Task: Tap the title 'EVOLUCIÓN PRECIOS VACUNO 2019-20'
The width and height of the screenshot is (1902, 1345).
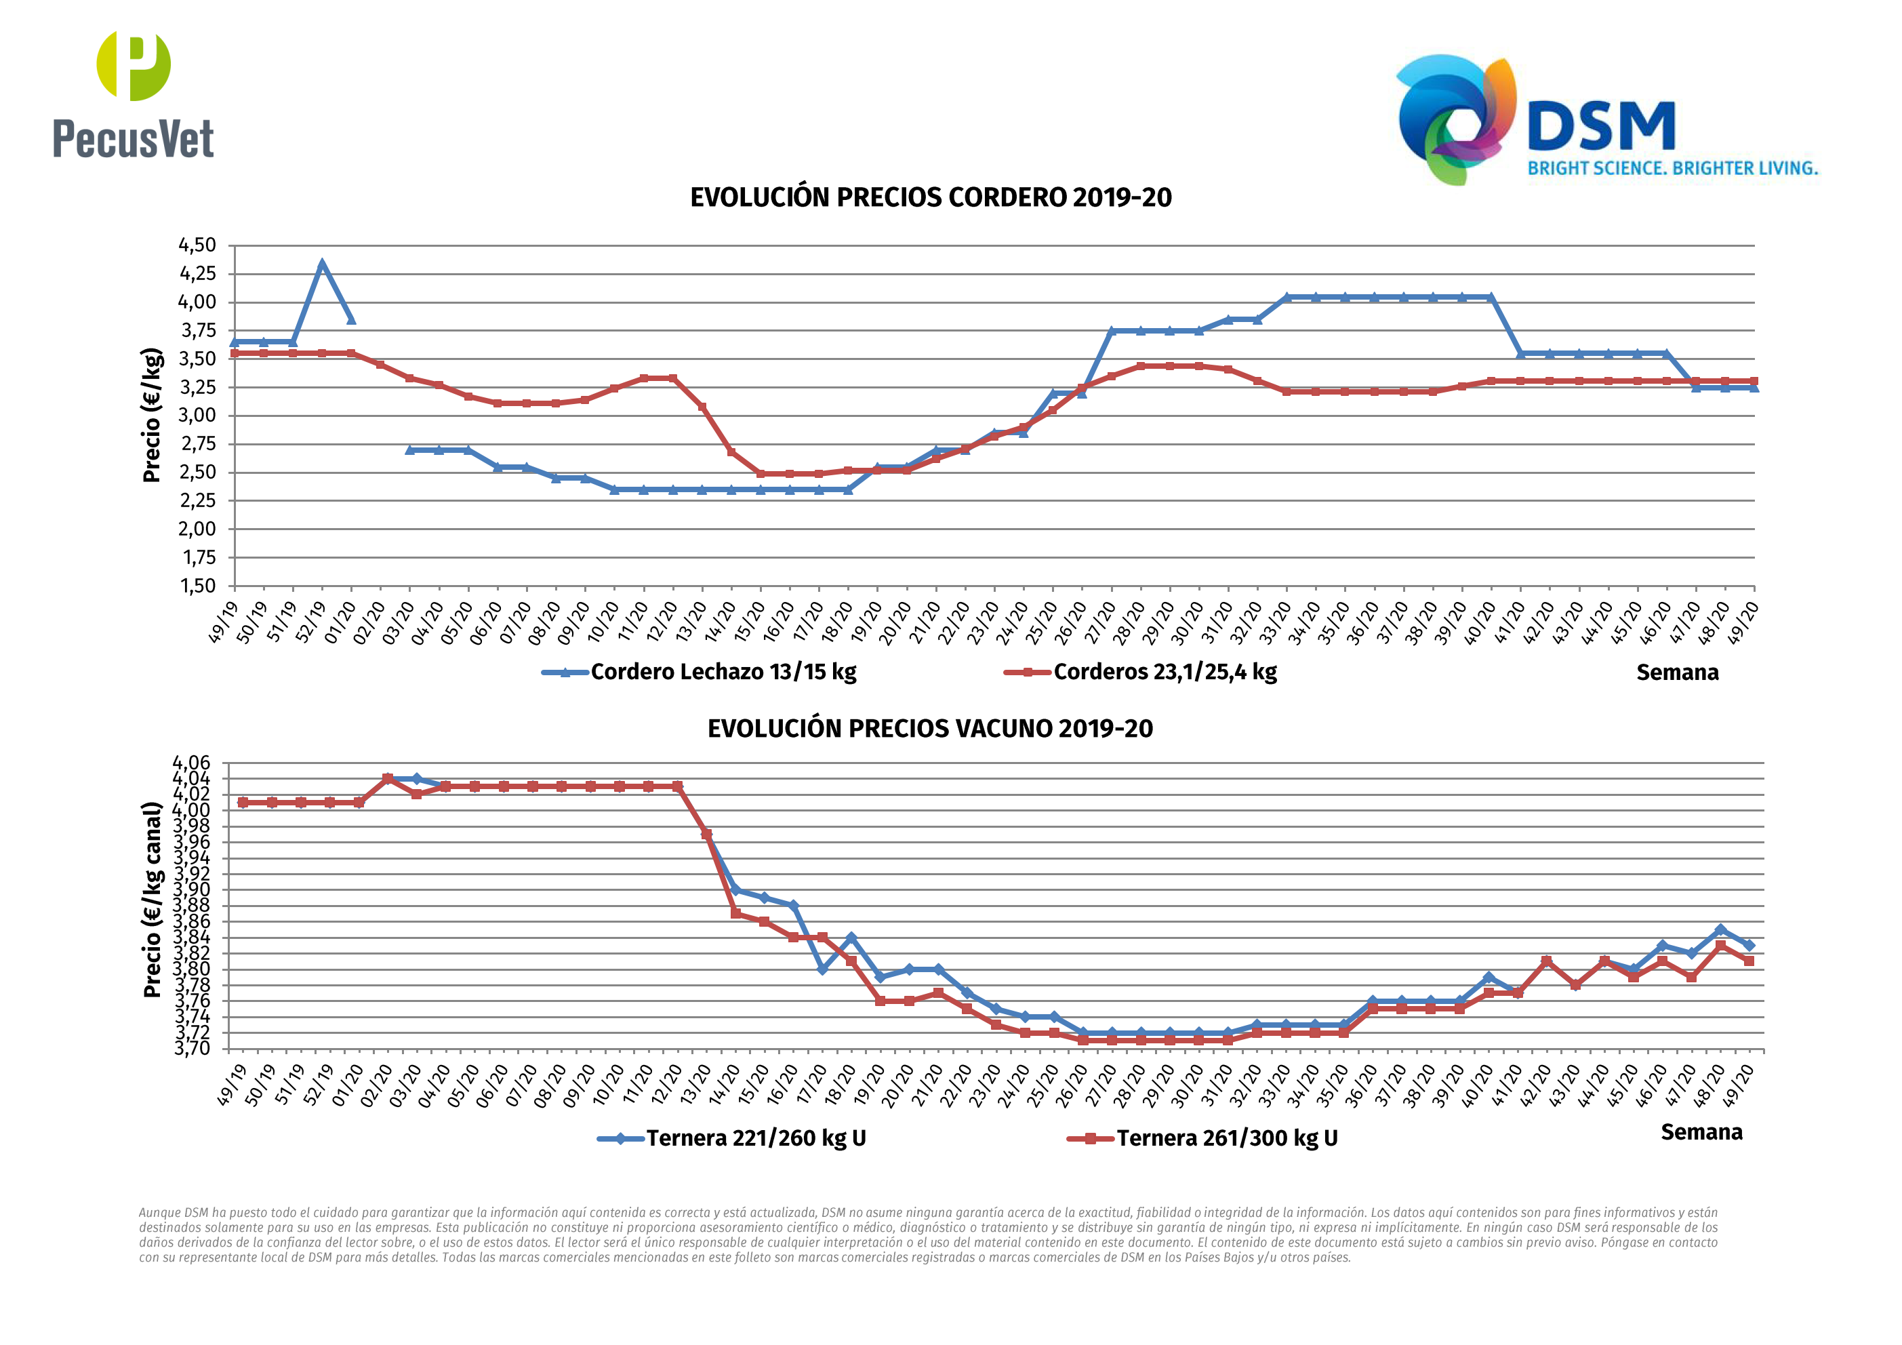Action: coord(929,729)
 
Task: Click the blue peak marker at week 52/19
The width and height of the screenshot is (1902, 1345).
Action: coord(322,264)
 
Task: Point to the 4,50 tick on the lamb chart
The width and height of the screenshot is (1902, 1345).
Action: coord(197,245)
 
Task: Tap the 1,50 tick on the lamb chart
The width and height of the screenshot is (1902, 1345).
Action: coord(197,586)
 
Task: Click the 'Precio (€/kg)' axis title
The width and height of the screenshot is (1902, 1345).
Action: coord(152,415)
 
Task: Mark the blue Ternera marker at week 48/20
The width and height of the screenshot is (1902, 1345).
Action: coord(1720,930)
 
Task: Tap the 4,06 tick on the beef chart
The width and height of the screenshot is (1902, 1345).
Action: coord(191,763)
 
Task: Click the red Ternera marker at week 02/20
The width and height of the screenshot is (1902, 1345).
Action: coord(388,779)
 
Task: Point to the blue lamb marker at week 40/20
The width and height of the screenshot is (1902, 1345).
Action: coord(1491,297)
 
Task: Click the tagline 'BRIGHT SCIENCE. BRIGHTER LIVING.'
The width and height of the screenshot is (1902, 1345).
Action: coord(1672,168)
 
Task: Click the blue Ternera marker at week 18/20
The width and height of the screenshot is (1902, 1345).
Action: coord(851,938)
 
